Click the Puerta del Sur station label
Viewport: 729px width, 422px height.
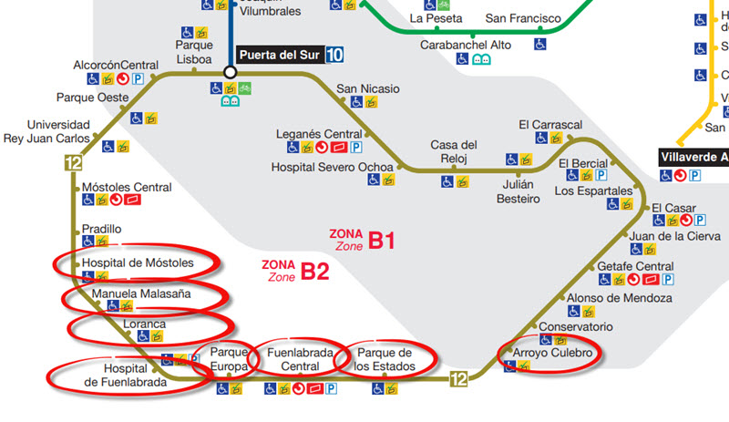[x=279, y=54]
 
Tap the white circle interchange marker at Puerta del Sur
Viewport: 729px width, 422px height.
[x=231, y=71]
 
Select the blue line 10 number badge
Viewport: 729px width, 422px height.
[x=335, y=54]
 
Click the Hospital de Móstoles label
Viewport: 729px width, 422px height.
[x=138, y=262]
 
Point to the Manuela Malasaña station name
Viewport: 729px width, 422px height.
[x=140, y=294]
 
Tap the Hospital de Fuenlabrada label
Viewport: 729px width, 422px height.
[x=126, y=376]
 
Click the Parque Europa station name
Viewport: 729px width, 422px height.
[x=229, y=359]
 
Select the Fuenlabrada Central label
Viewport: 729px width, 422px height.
[x=300, y=359]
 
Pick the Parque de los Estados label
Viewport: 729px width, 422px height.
[x=385, y=359]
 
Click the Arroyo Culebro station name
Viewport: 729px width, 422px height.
[x=552, y=353]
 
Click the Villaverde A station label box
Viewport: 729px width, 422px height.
[x=693, y=157]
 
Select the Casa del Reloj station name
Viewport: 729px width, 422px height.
[x=454, y=151]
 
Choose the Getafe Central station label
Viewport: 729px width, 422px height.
[x=635, y=265]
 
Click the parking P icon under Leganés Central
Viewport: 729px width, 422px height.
[x=356, y=147]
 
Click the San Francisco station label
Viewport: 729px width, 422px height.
[x=519, y=18]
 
